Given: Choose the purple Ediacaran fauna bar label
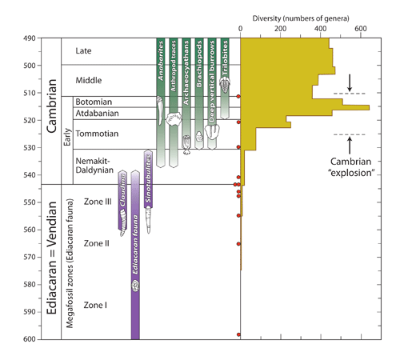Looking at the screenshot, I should pos(135,260).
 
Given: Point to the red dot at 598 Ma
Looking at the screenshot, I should pos(238,334).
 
